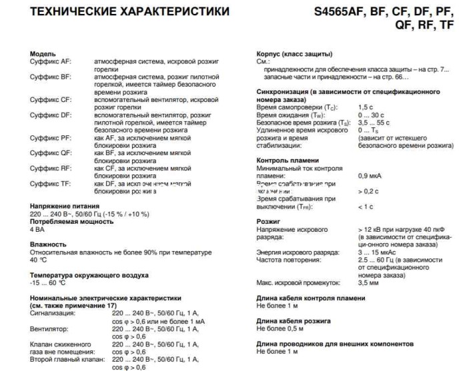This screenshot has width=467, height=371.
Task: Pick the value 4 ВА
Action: click(x=39, y=229)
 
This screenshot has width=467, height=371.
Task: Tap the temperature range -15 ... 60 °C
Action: click(x=49, y=282)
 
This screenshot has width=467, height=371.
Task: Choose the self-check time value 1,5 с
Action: click(x=366, y=107)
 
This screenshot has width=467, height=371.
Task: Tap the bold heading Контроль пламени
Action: click(x=288, y=161)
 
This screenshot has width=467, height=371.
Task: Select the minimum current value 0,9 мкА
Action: click(x=371, y=176)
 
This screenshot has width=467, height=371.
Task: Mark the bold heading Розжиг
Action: click(x=269, y=221)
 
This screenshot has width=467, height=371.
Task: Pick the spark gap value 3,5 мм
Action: click(x=369, y=282)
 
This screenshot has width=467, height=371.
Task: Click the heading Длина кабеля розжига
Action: click(x=294, y=320)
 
